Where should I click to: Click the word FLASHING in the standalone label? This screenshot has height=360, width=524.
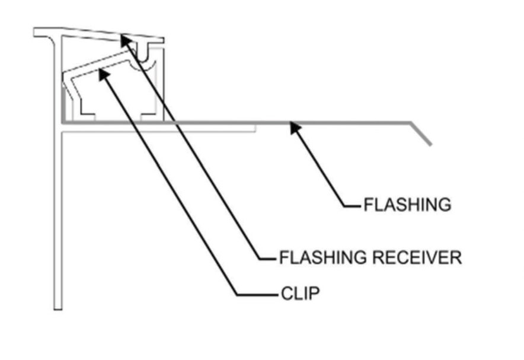(407, 205)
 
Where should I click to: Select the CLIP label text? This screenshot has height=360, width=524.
(300, 294)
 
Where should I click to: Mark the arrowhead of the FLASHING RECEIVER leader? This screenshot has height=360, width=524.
(124, 39)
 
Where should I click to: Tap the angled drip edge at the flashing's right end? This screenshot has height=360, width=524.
(422, 134)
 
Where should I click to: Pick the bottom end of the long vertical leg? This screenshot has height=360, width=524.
(57, 307)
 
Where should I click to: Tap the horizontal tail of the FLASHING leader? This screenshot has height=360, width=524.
(353, 206)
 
